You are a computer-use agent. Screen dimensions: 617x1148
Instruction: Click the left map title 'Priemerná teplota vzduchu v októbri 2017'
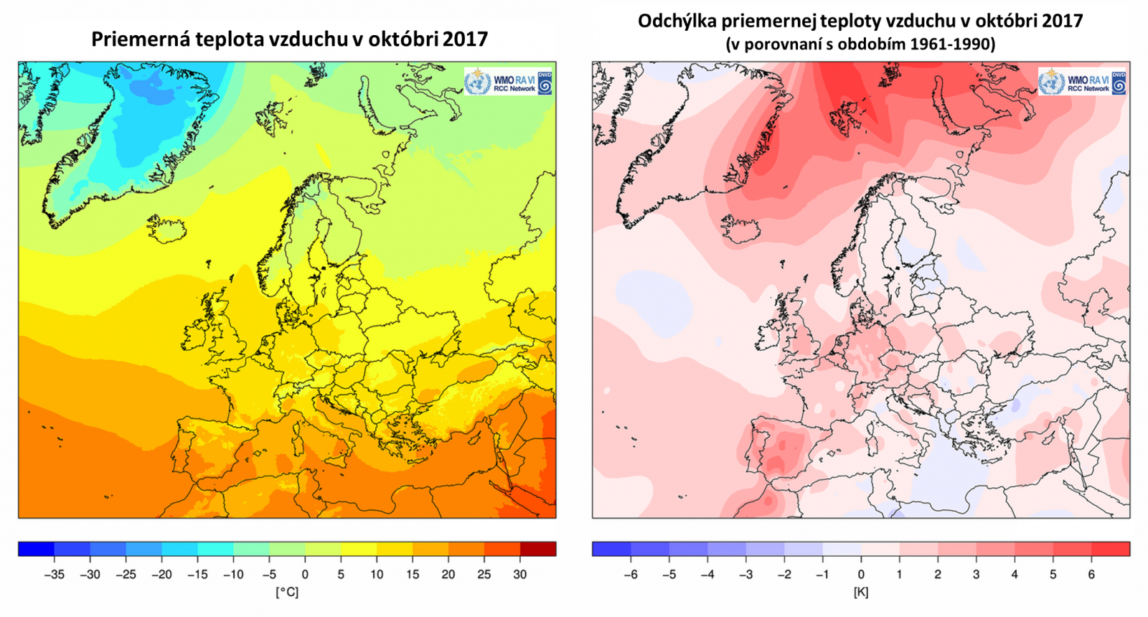289,39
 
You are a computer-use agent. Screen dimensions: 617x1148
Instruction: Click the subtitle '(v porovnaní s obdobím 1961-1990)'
860,44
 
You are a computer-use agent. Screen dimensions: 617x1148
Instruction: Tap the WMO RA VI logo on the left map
508,82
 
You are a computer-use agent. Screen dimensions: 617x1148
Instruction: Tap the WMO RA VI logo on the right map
1082,82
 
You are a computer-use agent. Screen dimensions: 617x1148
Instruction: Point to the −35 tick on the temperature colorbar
55,575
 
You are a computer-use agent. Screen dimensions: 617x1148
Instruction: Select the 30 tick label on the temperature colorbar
520,575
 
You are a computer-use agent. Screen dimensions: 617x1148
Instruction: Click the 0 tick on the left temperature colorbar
305,575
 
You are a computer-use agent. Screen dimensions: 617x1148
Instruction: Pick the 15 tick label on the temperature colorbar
413,575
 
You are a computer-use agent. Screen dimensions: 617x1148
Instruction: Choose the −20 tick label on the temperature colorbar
161,575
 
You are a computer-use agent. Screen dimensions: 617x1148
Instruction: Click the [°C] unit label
287,593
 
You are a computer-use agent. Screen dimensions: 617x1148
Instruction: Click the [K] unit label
861,593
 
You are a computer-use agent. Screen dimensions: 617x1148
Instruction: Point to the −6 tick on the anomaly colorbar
631,575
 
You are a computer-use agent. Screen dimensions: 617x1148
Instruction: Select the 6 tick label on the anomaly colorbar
1091,575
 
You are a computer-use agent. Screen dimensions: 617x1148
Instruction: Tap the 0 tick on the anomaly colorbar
861,575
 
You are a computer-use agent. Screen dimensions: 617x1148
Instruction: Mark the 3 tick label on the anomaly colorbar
976,575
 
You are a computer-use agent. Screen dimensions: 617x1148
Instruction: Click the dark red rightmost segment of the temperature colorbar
538,550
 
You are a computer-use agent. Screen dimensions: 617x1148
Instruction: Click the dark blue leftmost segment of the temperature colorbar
36,550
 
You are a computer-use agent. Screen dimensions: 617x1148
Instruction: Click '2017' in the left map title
465,39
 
